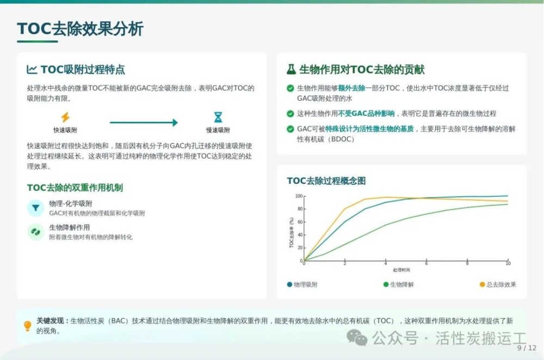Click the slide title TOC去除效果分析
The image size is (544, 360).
80,28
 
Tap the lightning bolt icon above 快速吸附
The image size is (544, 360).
65,117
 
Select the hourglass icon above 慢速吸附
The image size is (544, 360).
218,117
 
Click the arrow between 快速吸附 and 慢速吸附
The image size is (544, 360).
144,122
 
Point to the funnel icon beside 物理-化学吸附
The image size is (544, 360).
35,208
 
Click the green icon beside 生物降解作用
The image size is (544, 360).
35,232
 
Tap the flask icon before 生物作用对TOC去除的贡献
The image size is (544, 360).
291,70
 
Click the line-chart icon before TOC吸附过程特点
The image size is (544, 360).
32,70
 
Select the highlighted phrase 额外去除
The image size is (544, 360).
351,88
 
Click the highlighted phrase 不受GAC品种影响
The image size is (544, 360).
366,114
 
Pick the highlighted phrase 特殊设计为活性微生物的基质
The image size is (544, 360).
369,129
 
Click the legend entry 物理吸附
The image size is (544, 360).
302,284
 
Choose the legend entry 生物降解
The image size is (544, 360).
398,284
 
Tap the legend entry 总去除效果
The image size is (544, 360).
498,284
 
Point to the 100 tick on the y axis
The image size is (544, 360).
299,196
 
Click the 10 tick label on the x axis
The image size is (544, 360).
508,264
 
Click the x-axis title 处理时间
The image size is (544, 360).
401,270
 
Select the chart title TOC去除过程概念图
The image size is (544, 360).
326,181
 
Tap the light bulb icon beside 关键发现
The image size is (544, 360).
27,326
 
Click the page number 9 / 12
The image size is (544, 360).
527,348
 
